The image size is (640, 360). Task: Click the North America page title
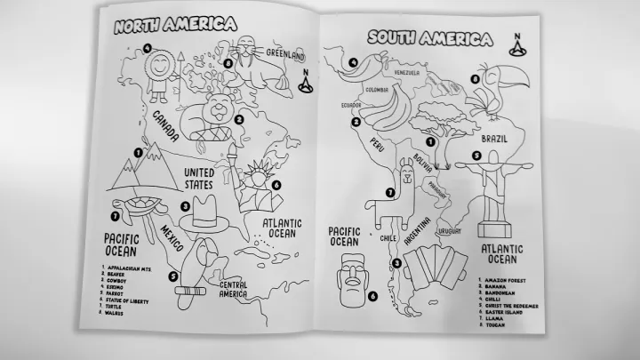tap(174, 25)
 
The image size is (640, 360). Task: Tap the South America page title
tap(430, 38)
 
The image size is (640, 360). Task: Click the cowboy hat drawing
tap(211, 213)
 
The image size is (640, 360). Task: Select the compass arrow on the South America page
tap(516, 41)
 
